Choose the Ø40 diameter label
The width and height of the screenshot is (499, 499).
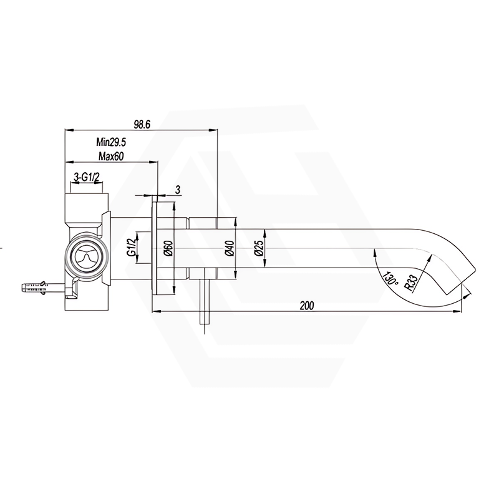click(x=229, y=249)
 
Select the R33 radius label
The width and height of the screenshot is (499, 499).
click(x=410, y=281)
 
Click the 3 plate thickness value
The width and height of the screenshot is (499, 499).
click(x=178, y=189)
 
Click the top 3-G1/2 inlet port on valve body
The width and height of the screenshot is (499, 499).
click(x=87, y=203)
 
